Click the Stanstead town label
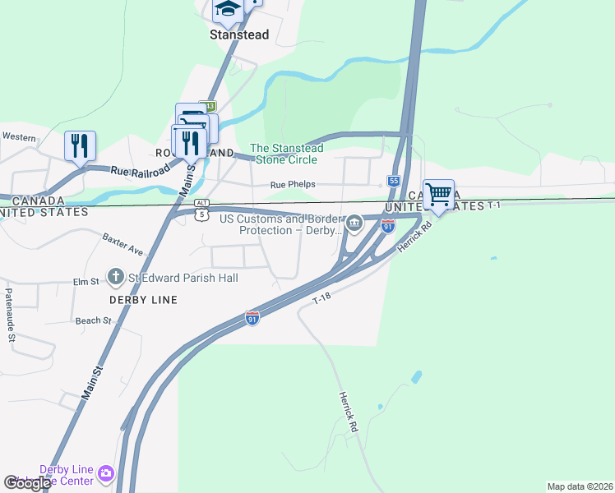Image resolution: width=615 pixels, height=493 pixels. [x=239, y=35]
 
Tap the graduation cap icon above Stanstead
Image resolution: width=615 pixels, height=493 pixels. [x=228, y=9]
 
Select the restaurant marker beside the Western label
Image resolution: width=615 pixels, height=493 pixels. [x=80, y=146]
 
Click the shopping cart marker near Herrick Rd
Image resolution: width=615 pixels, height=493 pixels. [x=438, y=196]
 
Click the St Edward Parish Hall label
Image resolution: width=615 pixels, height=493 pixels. [x=183, y=278]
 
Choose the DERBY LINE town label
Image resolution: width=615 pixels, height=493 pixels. [x=144, y=300]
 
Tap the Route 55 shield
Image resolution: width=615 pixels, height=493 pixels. [x=394, y=181]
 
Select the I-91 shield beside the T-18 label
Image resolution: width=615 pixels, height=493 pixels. [x=252, y=317]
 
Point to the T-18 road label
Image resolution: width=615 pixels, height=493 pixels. [x=321, y=302]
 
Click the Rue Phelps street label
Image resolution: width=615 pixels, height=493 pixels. [x=294, y=185]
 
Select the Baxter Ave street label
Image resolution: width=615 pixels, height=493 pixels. [x=123, y=243]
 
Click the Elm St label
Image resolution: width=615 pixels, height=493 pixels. [x=86, y=282]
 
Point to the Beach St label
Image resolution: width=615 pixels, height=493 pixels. [x=93, y=320]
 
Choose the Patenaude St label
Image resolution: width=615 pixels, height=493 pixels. [x=11, y=314]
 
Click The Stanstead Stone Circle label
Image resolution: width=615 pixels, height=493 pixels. [x=286, y=154]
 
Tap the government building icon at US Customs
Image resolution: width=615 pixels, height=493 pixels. [x=354, y=222]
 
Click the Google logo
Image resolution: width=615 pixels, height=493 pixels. [x=27, y=483]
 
